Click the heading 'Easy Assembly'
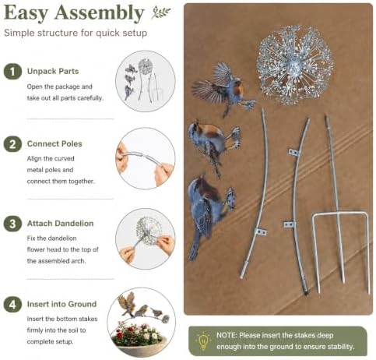(x=74, y=13)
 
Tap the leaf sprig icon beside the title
(x=161, y=12)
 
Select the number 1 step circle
(x=12, y=72)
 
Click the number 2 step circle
(x=12, y=144)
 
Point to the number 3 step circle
(x=12, y=224)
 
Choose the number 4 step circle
(x=12, y=304)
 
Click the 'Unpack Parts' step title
(x=53, y=71)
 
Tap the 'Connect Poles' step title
(x=54, y=143)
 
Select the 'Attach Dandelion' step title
(x=60, y=224)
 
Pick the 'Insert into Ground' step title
(x=61, y=304)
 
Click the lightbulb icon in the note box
(x=203, y=341)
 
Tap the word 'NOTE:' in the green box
(x=227, y=335)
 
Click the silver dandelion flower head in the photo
(x=295, y=65)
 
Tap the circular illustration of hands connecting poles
(x=146, y=158)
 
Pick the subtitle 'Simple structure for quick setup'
(x=76, y=33)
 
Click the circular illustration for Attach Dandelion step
(x=146, y=238)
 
